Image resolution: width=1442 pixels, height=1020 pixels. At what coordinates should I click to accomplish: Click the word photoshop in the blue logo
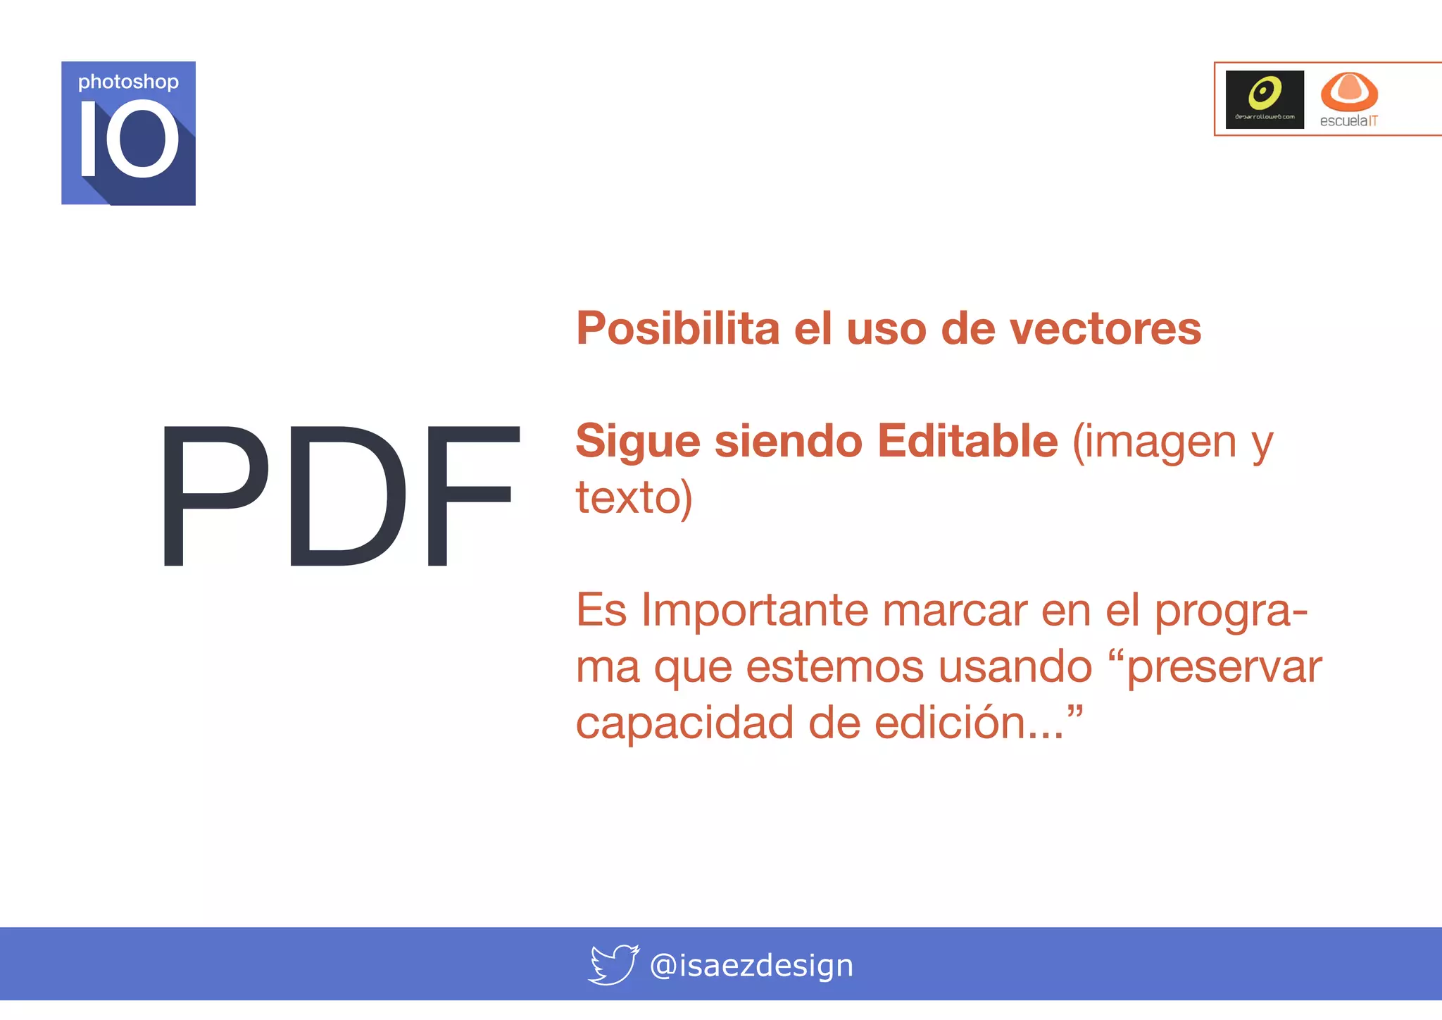(x=128, y=82)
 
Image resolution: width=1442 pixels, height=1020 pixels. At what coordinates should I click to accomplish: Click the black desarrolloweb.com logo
(x=1265, y=99)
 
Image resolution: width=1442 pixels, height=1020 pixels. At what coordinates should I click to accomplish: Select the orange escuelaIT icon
(x=1348, y=91)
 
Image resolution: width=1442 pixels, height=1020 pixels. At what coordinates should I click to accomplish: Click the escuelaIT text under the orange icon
(x=1348, y=121)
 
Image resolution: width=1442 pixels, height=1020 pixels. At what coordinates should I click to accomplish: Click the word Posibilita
(x=677, y=329)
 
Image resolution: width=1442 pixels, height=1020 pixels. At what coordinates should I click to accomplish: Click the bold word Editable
(x=967, y=442)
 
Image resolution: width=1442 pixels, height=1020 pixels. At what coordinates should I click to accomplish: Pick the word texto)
(x=634, y=498)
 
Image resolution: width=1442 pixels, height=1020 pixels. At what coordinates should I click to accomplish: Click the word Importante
(x=754, y=611)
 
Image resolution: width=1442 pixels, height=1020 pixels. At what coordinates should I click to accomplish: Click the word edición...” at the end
(x=978, y=723)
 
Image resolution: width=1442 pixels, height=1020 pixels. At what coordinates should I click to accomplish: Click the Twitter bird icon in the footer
(x=613, y=964)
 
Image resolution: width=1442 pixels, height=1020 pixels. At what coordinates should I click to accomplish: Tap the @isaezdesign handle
(x=751, y=965)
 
